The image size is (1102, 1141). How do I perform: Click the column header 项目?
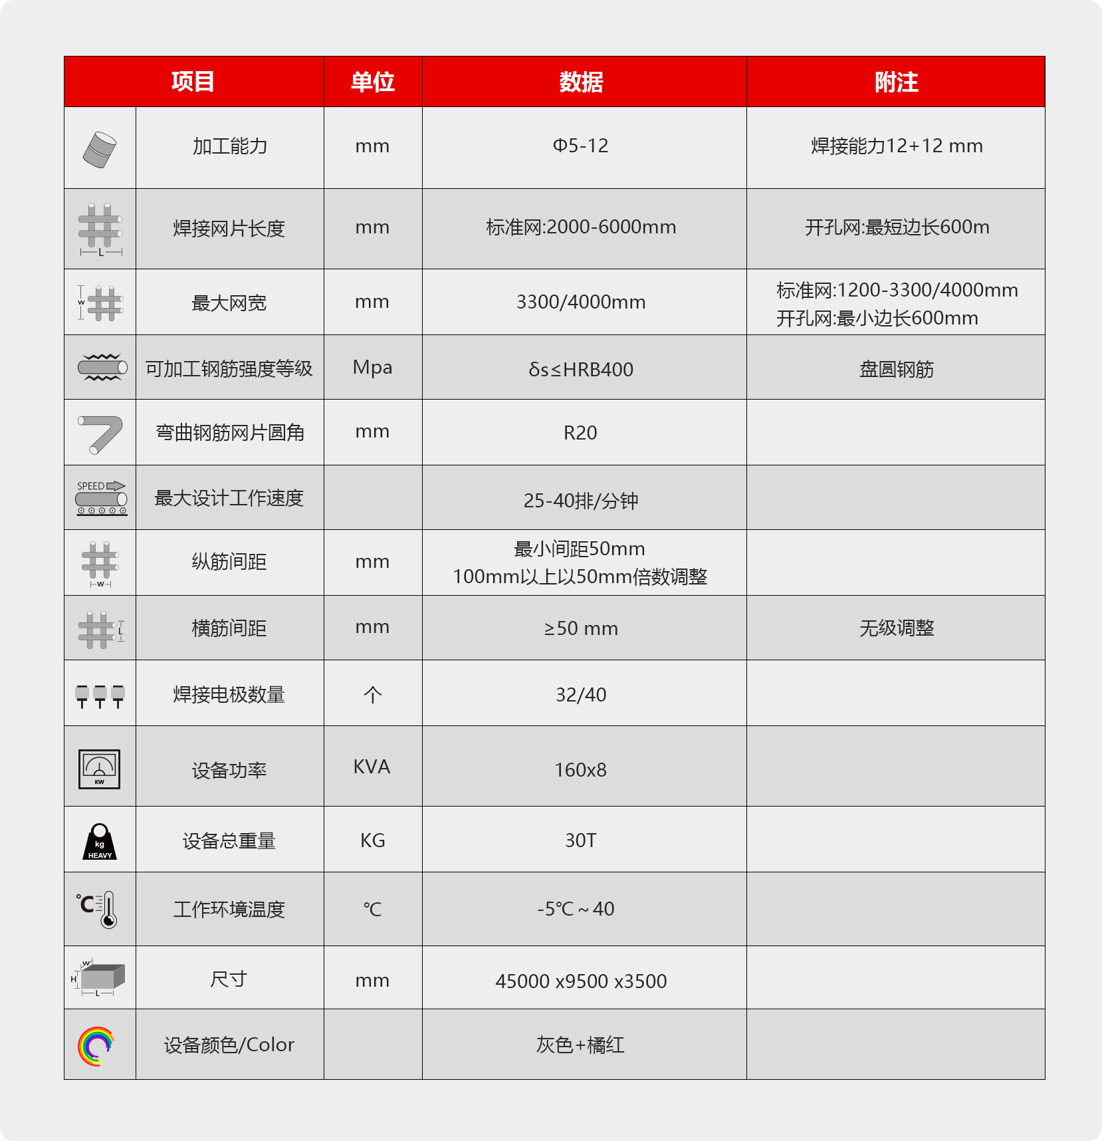point(193,82)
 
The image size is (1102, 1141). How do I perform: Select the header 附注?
point(896,82)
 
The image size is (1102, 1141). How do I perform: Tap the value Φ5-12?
point(580,146)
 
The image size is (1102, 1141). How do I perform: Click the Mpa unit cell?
point(372,368)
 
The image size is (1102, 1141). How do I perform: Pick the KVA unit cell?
point(372,767)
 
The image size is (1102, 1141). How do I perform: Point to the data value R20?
point(580,433)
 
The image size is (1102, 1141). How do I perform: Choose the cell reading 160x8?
point(580,770)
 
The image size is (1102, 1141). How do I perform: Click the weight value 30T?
point(580,840)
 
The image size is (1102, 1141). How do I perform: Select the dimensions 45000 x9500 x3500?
point(580,981)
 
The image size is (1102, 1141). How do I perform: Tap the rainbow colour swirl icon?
point(96,1046)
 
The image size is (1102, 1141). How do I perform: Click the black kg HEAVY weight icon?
point(100,842)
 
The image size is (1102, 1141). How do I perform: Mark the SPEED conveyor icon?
point(100,498)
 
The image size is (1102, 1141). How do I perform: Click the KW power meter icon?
point(99,769)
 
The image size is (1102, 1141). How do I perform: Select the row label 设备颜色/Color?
point(229,1045)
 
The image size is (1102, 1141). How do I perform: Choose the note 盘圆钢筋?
point(896,369)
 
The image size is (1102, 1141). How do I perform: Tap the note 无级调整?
point(896,628)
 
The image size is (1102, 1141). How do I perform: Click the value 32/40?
point(580,695)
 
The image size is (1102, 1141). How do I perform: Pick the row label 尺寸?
point(229,979)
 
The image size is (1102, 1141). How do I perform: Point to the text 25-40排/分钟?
point(580,501)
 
